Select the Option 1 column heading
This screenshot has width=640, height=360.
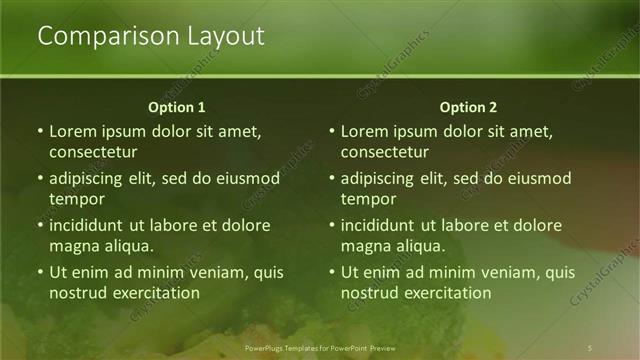pos(176,107)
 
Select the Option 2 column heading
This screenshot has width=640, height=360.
pos(468,107)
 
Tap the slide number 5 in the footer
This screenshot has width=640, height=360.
pos(591,346)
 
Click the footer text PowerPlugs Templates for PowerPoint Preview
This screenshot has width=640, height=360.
pos(320,346)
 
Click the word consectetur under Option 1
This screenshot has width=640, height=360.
pos(93,152)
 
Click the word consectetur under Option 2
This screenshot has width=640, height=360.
pos(385,152)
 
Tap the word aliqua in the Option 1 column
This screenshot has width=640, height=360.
pos(127,245)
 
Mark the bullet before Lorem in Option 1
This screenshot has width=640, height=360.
pos(40,131)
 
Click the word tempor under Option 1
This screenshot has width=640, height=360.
pos(73,199)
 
